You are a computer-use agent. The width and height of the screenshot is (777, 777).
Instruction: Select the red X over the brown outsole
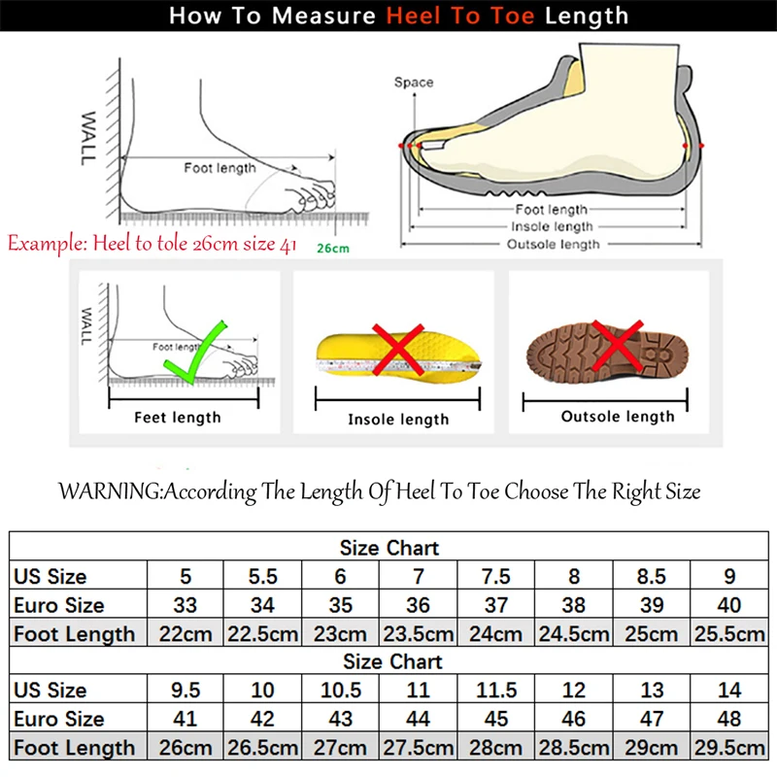coord(618,346)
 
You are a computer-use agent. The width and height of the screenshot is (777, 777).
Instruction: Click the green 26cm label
coord(332,248)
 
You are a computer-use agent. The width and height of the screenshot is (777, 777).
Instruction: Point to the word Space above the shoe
coord(413,83)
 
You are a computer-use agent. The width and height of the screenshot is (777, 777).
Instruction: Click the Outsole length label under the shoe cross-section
coord(553,245)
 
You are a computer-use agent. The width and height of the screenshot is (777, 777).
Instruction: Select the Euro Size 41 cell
coord(185,720)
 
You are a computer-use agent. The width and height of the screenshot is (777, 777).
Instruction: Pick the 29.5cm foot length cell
coord(729,748)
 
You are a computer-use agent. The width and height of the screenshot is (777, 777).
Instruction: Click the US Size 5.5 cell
coord(262,576)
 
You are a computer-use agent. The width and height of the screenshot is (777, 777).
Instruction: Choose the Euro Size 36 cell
coord(418,605)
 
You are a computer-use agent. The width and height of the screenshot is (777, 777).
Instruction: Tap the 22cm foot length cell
coord(185,634)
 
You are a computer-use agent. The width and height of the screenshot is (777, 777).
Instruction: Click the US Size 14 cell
coord(729,691)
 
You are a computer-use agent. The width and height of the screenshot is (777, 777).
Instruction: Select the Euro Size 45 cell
coord(495,720)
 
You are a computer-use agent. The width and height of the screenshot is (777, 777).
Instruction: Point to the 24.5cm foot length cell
coord(573,634)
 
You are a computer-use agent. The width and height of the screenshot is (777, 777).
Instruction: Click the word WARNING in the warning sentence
coord(109,491)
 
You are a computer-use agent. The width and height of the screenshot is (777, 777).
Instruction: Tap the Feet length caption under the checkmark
coord(177,418)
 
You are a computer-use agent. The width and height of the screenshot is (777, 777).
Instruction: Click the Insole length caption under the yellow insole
coord(398,420)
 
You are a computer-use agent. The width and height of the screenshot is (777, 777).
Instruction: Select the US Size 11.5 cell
coord(495,691)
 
